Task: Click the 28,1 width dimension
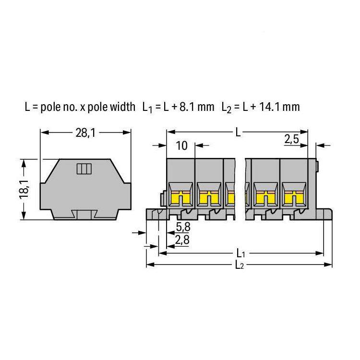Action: (85, 133)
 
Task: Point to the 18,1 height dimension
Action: (24, 190)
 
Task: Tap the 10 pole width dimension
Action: (182, 146)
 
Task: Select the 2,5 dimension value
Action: (291, 139)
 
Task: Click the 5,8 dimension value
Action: (183, 227)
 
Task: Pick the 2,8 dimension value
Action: (182, 240)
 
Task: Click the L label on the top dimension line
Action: (238, 132)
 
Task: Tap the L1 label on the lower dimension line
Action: (240, 253)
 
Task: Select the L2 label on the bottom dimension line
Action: (240, 265)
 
